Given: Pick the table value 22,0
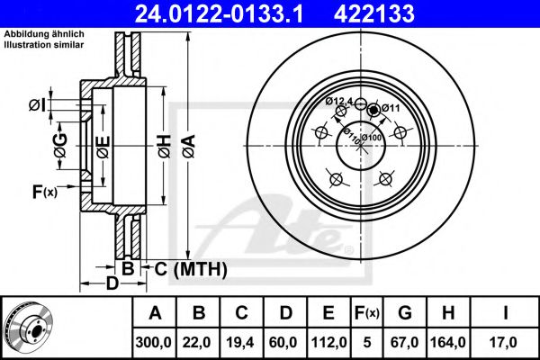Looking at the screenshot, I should tap(200, 341).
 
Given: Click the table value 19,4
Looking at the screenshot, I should tap(241, 341).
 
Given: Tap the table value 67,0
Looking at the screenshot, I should tap(407, 341).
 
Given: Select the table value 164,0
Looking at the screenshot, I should tap(448, 341).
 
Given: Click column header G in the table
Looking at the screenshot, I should tap(407, 313).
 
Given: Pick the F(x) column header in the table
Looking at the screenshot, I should tap(364, 313).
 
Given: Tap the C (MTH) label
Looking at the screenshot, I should tap(190, 269).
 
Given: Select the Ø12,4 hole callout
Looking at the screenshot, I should tap(339, 100).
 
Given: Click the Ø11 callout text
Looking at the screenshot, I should tap(390, 108).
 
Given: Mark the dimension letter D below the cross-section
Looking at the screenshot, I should tap(112, 285).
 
